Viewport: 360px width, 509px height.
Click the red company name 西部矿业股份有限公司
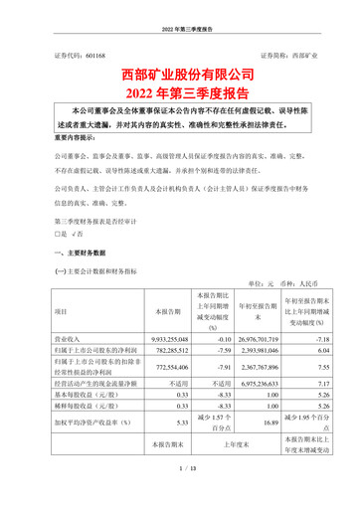[x=180, y=74]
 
